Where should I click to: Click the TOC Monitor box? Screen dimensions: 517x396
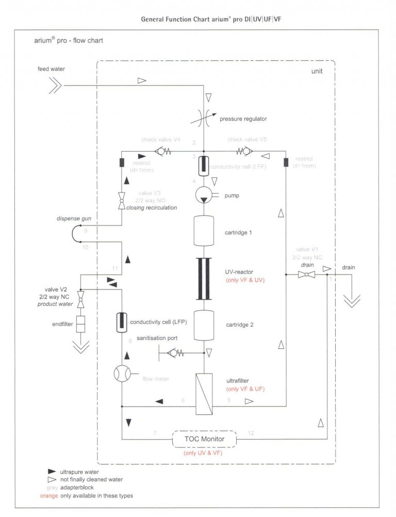point(204,439)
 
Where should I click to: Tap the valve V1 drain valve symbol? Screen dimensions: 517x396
point(307,275)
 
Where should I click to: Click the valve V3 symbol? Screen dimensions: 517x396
point(121,201)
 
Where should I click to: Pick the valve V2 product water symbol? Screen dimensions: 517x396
point(80,298)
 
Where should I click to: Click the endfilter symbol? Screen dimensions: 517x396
point(80,324)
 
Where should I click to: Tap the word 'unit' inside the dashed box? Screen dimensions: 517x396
point(317,71)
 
